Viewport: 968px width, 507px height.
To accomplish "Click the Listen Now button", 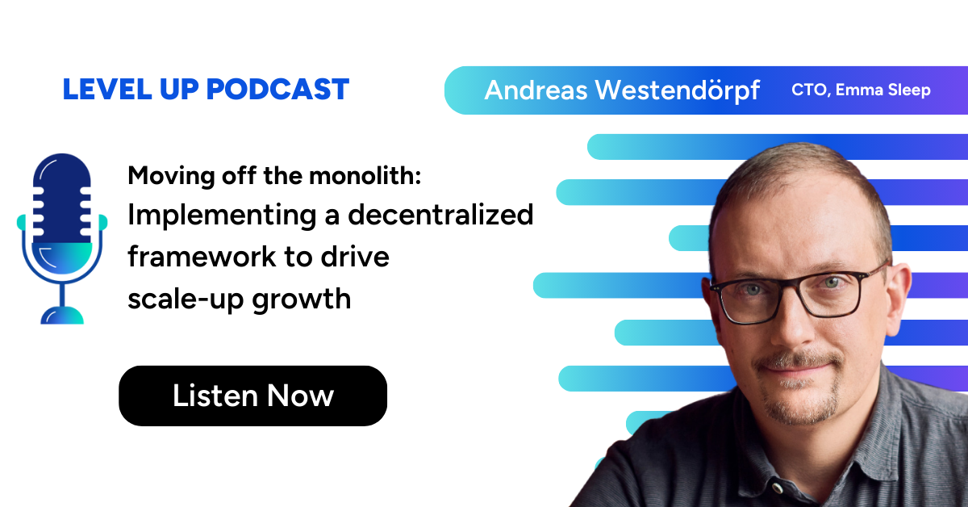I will (x=252, y=396).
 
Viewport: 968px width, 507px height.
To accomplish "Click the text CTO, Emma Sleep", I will (x=861, y=90).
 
